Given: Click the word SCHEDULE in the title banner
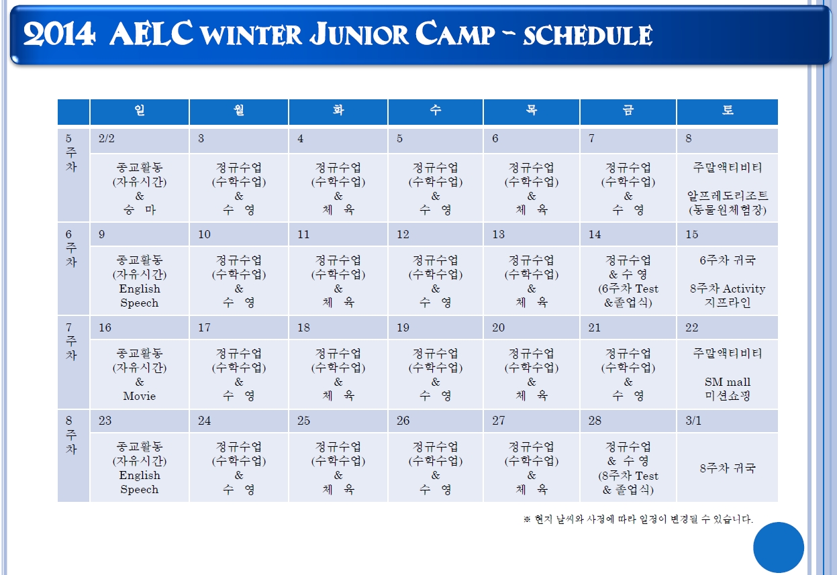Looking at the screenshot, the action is (588, 35).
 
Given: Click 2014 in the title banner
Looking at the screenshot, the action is (60, 34).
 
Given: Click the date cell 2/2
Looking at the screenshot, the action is (107, 139).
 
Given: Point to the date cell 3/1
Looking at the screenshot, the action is (693, 421).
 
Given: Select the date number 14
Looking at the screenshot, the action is (595, 235).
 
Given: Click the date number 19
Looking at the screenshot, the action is (403, 327).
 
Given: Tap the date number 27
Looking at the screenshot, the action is (499, 421).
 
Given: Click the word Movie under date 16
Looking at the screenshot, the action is (140, 396).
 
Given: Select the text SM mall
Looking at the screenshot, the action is (728, 382).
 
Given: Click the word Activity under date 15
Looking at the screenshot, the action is (744, 289).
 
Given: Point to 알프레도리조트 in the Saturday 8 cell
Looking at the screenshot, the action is (728, 196).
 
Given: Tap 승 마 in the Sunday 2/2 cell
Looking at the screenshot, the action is (140, 210).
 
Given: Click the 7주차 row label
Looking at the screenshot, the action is (71, 342).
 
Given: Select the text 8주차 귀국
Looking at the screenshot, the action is (728, 468).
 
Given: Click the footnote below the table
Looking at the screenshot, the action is (638, 519).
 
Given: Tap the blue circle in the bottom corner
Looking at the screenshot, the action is (779, 547).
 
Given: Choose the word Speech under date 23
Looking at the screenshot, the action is (140, 489).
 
